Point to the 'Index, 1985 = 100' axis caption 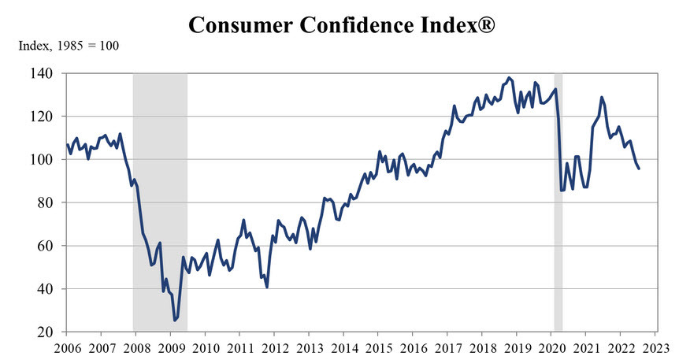point(69,46)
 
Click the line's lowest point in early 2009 point(174,320)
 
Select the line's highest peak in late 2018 point(509,78)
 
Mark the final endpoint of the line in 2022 point(638,169)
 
